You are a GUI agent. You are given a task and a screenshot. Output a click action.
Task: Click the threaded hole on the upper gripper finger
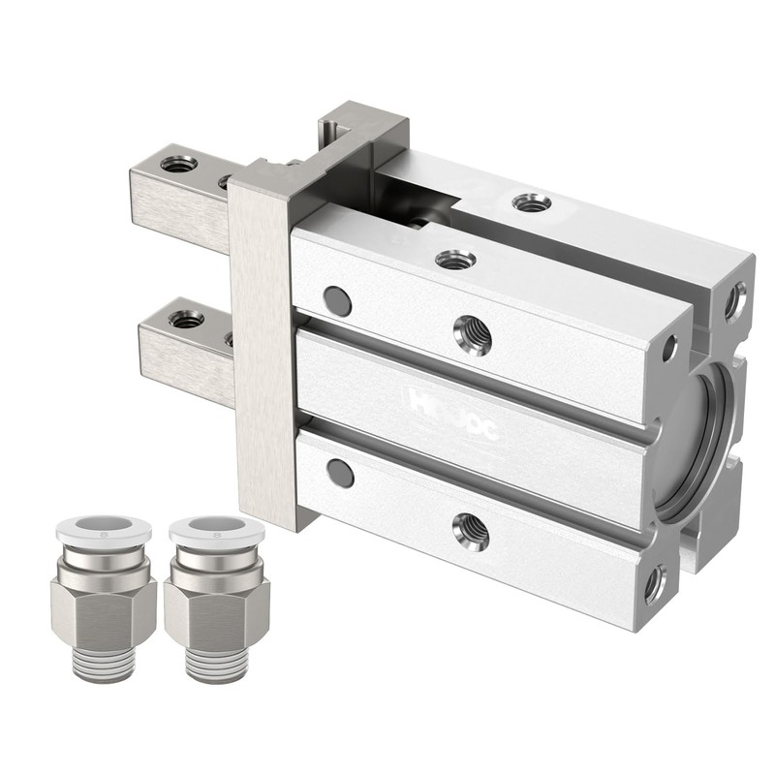[x=178, y=164]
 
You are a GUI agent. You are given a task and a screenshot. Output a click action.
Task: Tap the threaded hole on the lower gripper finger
[x=186, y=318]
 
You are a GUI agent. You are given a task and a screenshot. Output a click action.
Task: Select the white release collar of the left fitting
[x=103, y=530]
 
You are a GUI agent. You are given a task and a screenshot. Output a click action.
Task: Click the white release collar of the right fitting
[x=215, y=530]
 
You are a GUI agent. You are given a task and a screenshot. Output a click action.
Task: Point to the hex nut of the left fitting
[x=103, y=611]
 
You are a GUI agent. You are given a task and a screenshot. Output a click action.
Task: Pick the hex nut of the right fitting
[x=215, y=611]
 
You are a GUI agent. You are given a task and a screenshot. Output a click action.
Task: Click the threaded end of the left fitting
[x=103, y=665]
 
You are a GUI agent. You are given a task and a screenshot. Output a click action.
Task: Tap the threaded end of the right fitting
[x=215, y=665]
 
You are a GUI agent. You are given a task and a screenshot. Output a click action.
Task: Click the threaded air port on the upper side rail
[x=472, y=335]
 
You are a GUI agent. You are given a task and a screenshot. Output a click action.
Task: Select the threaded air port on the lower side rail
[x=471, y=531]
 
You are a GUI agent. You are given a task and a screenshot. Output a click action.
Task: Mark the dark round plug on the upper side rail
[x=337, y=301]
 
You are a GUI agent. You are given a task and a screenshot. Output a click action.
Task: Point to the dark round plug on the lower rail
[x=340, y=473]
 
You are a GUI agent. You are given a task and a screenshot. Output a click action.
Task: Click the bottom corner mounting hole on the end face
[x=655, y=583]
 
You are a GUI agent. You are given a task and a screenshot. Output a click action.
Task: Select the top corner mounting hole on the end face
[x=735, y=300]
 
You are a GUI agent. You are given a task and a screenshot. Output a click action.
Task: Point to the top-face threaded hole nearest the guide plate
[x=455, y=259]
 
